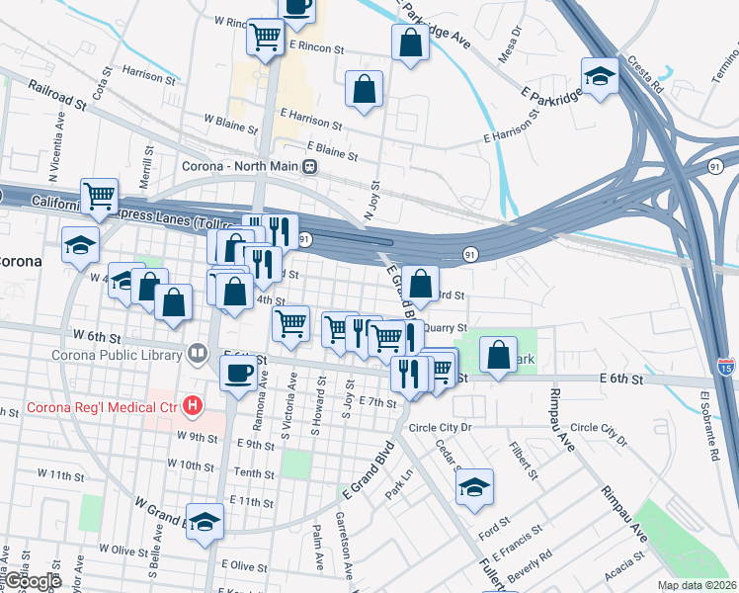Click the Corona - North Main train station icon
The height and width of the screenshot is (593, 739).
[310, 167]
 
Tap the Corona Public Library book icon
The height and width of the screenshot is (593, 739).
[198, 354]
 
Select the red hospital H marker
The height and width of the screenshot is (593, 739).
[194, 405]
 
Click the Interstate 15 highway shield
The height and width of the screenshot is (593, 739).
[724, 368]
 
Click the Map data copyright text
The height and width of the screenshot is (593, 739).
[698, 585]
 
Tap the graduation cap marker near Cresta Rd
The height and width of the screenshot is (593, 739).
[599, 76]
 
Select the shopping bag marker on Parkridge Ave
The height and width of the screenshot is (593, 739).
[410, 42]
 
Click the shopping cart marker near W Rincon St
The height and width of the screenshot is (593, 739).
[265, 38]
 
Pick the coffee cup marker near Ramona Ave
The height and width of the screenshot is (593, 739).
[237, 374]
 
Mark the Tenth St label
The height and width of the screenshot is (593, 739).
[254, 473]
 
